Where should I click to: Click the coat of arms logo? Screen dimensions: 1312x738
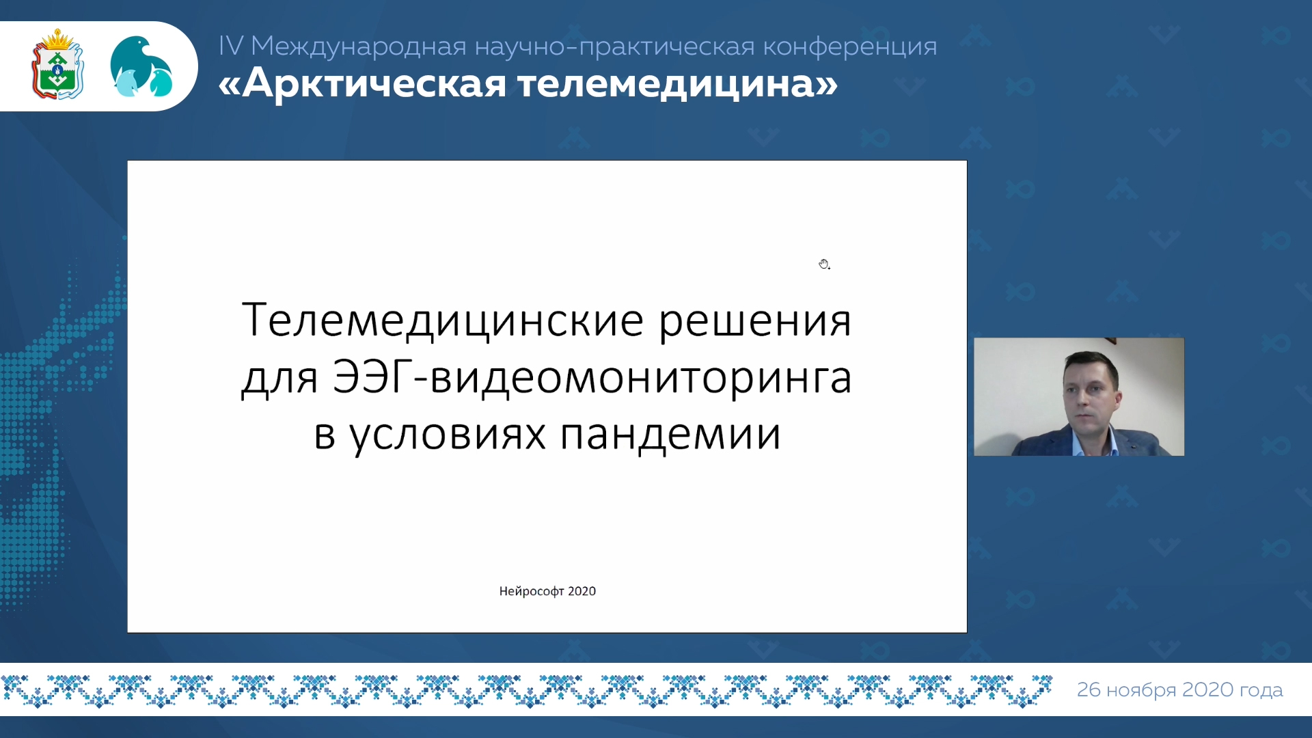(58, 65)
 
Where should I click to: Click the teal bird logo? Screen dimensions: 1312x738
(141, 66)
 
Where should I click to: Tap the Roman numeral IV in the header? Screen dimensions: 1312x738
(231, 46)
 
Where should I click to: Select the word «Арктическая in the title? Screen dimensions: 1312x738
(363, 83)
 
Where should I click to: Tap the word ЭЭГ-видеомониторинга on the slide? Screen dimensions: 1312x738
(592, 377)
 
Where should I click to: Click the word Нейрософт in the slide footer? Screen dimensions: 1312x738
(532, 591)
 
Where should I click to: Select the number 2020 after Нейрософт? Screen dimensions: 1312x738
(582, 591)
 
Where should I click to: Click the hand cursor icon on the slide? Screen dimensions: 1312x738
(824, 264)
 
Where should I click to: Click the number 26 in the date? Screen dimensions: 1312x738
(1089, 689)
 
